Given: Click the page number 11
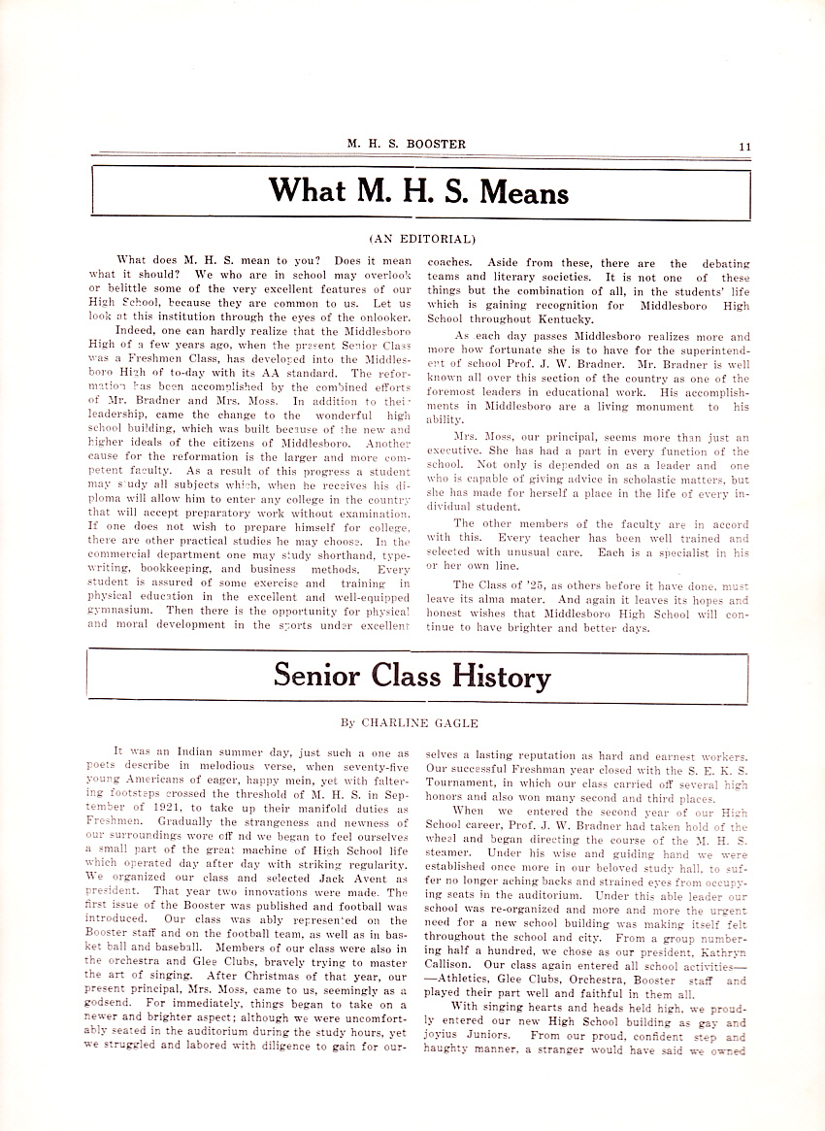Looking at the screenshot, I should [744, 146].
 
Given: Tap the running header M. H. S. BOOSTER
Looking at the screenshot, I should [407, 145].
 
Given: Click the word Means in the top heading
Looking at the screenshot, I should [512, 190].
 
